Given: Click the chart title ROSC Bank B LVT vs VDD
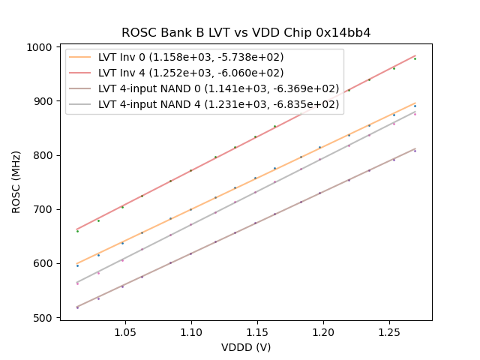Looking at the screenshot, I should click(246, 33).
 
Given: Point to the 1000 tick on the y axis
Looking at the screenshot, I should click(42, 47).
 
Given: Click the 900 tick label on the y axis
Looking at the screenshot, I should click(44, 101).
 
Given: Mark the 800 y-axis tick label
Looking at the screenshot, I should click(44, 155).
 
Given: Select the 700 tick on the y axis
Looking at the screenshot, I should click(44, 209).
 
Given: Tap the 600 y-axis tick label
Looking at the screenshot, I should click(44, 263).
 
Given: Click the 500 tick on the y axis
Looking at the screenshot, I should click(44, 318).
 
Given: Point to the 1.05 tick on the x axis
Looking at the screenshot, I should click(125, 332).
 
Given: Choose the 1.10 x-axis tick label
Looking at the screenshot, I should click(191, 332).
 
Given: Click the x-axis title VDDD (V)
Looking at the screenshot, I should click(246, 347).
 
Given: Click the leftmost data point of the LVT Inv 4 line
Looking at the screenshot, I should click(77, 231).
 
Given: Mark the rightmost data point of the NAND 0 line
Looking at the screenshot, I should click(415, 151).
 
